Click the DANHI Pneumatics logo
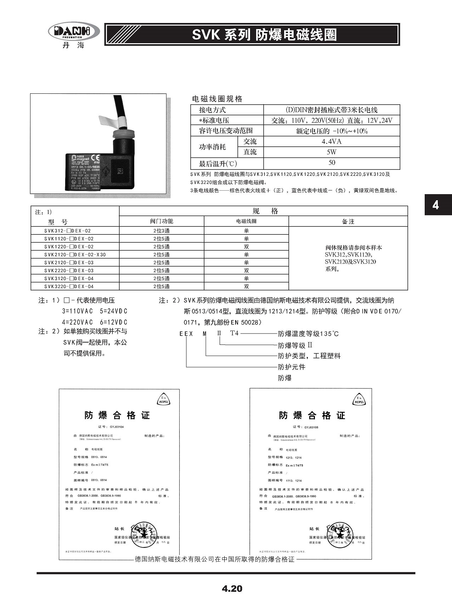click(x=74, y=33)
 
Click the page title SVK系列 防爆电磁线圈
click(x=264, y=35)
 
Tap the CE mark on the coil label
click(x=96, y=158)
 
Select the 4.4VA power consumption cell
click(x=332, y=141)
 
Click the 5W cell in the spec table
click(x=332, y=152)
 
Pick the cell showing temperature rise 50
click(x=332, y=163)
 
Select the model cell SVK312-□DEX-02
click(x=67, y=231)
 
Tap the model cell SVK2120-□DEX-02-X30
click(x=75, y=255)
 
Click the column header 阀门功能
click(x=162, y=221)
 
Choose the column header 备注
click(x=348, y=221)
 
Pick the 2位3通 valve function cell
click(x=162, y=231)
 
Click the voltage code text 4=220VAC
click(x=77, y=322)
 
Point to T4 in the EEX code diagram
click(x=235, y=333)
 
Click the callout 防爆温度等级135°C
click(x=308, y=334)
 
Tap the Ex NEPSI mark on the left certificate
click(x=164, y=400)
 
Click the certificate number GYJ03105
click(x=311, y=427)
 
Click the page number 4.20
click(x=232, y=589)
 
